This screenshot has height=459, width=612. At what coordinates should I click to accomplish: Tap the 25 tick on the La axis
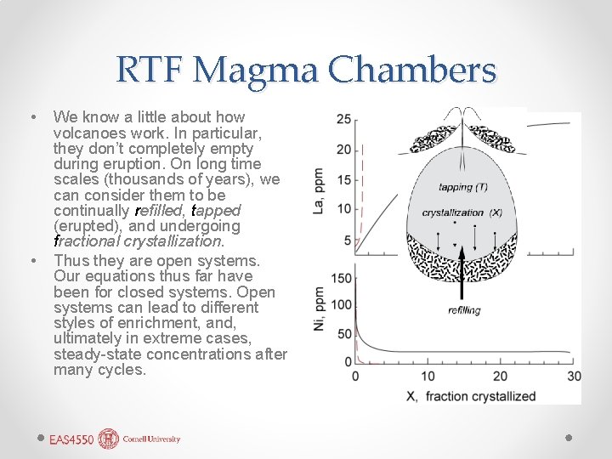click(x=343, y=118)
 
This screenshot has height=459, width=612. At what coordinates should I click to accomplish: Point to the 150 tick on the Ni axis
click(x=340, y=278)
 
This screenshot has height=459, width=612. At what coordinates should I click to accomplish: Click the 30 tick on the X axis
click(x=574, y=377)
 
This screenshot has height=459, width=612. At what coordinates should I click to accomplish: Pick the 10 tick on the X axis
click(x=428, y=377)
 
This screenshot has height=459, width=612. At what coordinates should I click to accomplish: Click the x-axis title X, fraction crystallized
click(x=470, y=396)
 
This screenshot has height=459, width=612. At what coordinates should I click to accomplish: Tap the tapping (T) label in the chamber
click(x=462, y=187)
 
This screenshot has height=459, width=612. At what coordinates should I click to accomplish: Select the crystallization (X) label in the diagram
click(x=462, y=212)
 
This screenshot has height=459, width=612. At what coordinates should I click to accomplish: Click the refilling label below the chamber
click(x=464, y=310)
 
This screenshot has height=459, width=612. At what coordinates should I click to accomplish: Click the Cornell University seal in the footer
click(x=109, y=439)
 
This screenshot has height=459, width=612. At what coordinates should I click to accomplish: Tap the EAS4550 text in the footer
click(x=71, y=439)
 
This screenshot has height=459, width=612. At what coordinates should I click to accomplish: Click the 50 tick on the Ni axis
click(x=343, y=332)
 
